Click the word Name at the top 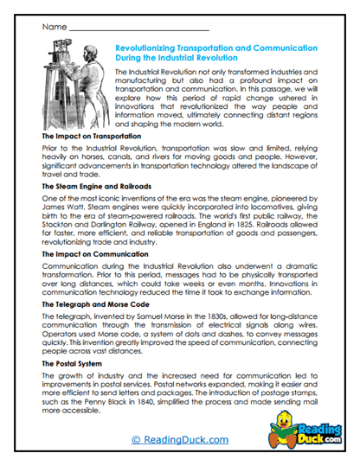[53, 27]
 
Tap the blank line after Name [138, 29]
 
